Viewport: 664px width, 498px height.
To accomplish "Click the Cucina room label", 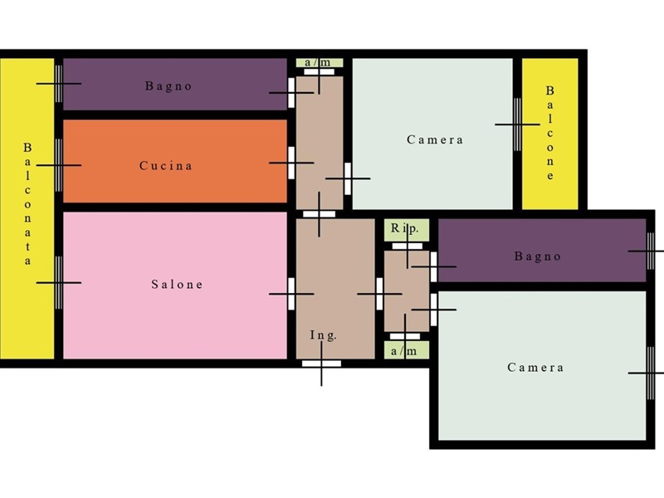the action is (165, 165).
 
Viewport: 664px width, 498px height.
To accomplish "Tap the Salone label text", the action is (177, 284).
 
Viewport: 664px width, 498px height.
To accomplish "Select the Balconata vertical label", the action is (27, 204).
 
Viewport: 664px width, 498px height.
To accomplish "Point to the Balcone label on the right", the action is (549, 133).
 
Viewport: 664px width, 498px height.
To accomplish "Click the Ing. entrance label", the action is (324, 335).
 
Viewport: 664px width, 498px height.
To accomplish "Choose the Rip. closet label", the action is (404, 229).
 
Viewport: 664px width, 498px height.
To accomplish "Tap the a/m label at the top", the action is (318, 63).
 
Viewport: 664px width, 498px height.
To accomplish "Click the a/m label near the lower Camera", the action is (404, 351).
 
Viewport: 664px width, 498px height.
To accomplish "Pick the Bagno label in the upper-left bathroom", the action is (168, 86).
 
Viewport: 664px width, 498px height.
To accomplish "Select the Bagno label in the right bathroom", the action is (538, 256).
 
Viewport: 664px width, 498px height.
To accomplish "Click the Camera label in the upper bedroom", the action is (435, 139).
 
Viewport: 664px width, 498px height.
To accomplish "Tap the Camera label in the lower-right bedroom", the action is (535, 367).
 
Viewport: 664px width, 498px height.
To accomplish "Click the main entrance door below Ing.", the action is (321, 364).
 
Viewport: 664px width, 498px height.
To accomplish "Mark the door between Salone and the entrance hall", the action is (291, 294).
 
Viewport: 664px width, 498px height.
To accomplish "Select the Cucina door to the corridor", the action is (291, 163).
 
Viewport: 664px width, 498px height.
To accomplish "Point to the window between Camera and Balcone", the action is (517, 124).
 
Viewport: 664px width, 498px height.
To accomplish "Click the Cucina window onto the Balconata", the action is (59, 165).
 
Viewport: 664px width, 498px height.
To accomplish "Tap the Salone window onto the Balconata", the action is (59, 282).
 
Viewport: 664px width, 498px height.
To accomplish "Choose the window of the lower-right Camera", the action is (651, 373).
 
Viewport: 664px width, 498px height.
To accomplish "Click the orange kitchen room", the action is (175, 161).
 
